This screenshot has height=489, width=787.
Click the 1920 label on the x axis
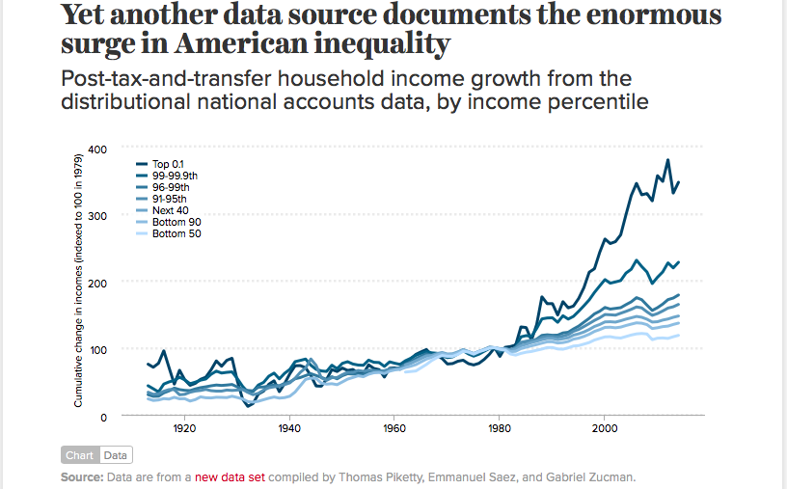point(184,427)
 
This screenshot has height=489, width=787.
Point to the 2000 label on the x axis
point(605,427)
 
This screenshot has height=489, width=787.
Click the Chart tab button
point(79,455)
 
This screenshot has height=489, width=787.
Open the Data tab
point(115,455)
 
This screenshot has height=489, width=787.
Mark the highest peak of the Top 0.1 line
point(667,160)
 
